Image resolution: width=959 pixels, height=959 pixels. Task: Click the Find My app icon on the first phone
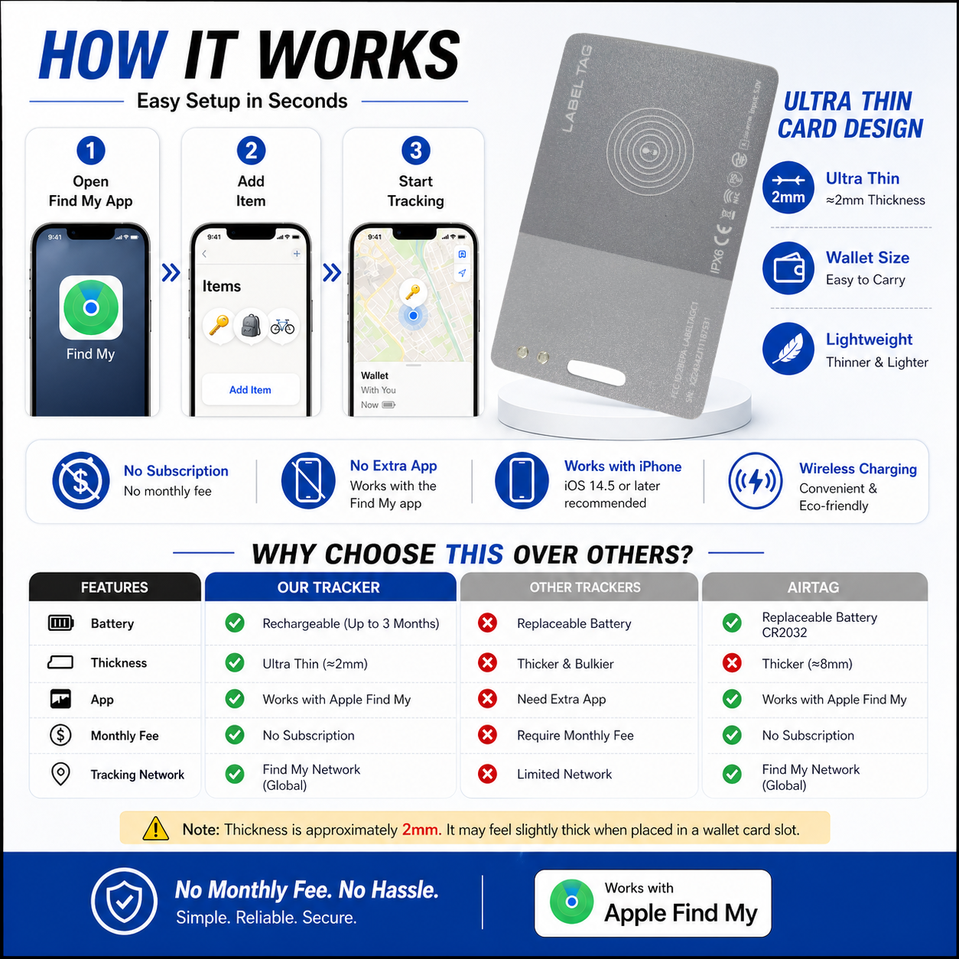coord(91,307)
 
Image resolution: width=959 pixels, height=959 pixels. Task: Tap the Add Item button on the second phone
coord(250,390)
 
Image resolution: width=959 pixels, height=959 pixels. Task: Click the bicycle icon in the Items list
coord(282,327)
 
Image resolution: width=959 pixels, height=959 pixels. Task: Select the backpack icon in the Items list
coord(251,326)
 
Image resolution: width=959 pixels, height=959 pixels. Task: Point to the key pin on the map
coord(413,291)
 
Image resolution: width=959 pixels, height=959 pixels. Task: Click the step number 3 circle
coord(415,151)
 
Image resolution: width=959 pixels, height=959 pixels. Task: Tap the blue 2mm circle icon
coord(788,188)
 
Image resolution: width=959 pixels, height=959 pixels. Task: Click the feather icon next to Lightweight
coord(788,349)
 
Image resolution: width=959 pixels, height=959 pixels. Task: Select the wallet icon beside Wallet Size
coord(788,268)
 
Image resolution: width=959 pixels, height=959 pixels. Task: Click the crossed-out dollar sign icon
coord(80,481)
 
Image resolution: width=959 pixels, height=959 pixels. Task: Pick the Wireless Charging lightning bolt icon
coord(755,481)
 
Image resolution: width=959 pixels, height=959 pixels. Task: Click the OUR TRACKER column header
coord(329,587)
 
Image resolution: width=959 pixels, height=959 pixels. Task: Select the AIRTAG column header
coord(814,587)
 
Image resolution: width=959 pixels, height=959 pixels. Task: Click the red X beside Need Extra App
coord(487,698)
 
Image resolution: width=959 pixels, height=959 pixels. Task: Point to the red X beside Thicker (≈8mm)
coord(732,663)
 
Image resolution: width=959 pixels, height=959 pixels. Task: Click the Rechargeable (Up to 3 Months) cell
coord(350,623)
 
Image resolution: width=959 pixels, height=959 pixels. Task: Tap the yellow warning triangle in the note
coord(156,828)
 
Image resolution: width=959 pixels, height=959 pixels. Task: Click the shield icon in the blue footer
coord(125,901)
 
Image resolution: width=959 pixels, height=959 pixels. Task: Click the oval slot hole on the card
coord(597,371)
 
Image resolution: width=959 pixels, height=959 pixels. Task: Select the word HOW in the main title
coord(102,56)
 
